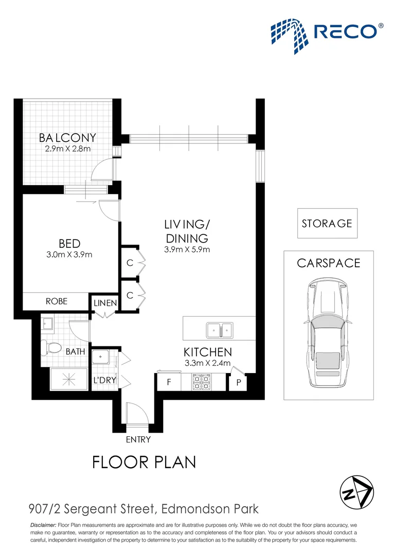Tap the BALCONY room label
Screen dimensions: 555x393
tap(67, 138)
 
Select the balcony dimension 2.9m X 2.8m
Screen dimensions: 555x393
tap(67, 149)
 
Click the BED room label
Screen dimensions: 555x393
tap(69, 243)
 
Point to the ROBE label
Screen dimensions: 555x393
tap(57, 301)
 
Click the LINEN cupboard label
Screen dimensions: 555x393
tap(105, 303)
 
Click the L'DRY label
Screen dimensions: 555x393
tap(105, 381)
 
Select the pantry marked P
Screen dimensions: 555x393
tap(238, 383)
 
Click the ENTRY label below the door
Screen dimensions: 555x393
tap(138, 439)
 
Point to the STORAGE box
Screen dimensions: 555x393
tap(327, 224)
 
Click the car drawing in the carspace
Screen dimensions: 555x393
tap(327, 334)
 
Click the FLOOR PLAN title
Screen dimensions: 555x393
tap(144, 462)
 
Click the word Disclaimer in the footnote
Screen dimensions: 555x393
tap(43, 525)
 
